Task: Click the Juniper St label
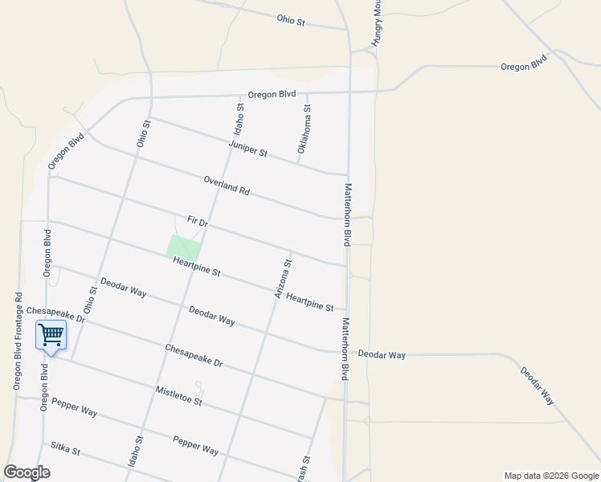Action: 247,149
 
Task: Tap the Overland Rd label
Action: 227,186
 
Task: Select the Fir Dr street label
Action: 197,221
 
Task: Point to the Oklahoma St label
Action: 304,129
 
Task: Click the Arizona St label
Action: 283,279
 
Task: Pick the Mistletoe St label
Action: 178,395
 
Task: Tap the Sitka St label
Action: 66,448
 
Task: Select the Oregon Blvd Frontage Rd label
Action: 17,341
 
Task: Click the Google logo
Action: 27,472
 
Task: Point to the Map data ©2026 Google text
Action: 552,476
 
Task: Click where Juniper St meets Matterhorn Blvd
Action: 347,174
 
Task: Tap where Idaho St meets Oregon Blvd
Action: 239,96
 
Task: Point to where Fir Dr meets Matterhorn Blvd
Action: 347,264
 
